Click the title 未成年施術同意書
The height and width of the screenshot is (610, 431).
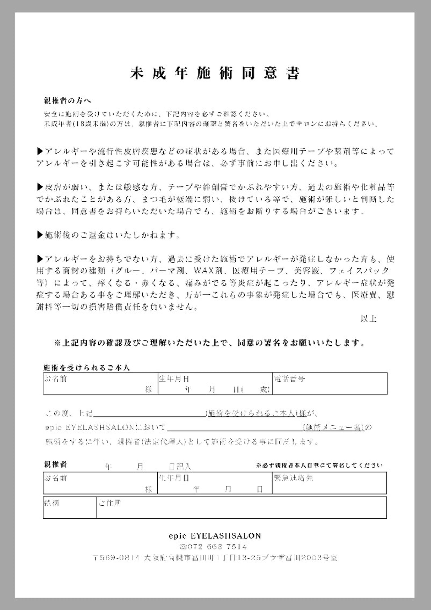click(x=215, y=73)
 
